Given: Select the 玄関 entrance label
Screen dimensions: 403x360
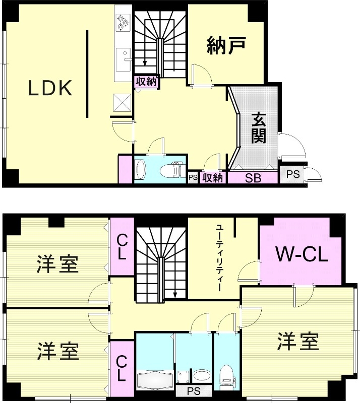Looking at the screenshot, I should tap(259, 128).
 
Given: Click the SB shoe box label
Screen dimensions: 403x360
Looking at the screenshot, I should tap(253, 178).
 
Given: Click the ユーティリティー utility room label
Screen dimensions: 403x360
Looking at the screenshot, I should tap(219, 258).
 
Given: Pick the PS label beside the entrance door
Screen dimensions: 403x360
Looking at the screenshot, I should tap(292, 174).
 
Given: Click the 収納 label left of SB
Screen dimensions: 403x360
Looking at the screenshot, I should tap(213, 178).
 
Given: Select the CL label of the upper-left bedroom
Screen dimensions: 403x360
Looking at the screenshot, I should tap(122, 246).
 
